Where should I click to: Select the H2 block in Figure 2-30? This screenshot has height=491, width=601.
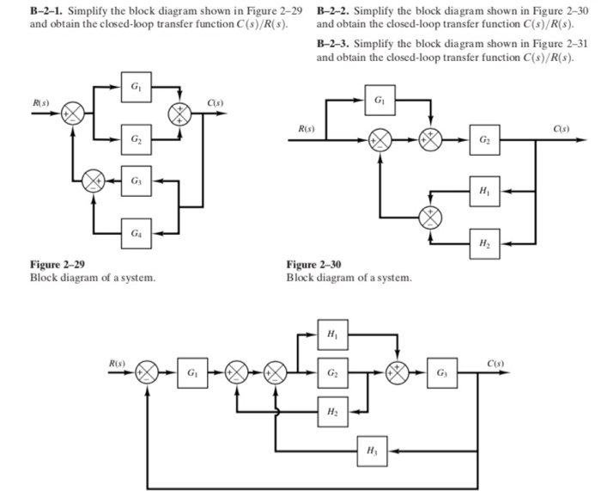[484, 242]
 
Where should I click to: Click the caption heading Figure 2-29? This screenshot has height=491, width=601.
[58, 266]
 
